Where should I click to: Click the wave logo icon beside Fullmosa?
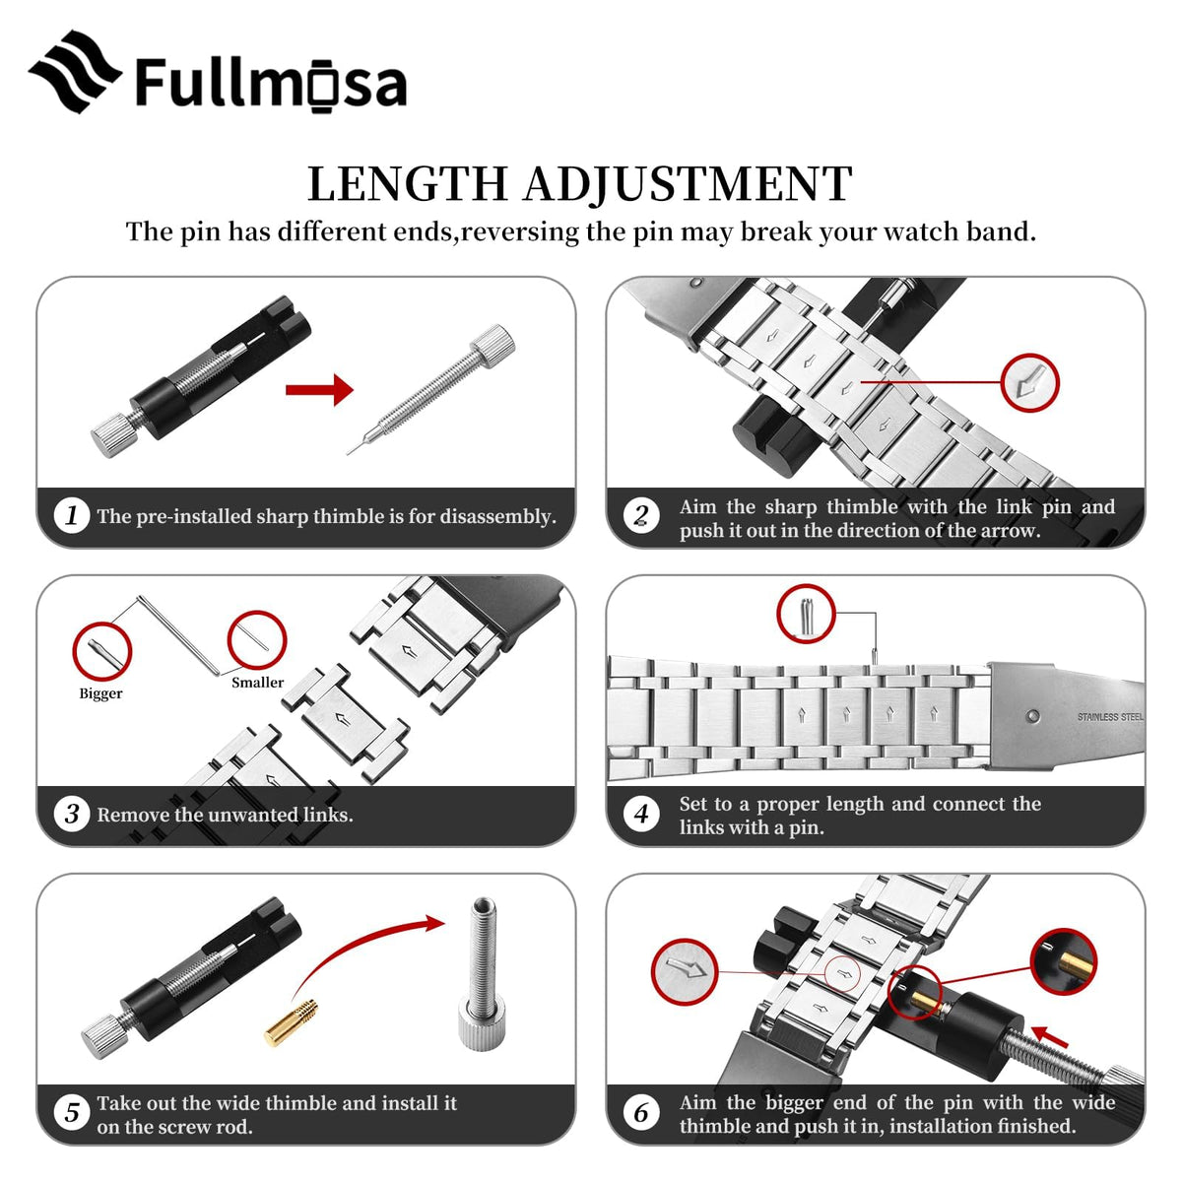coord(75,72)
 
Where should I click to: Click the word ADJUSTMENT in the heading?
coord(688,183)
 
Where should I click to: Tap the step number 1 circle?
coord(72,514)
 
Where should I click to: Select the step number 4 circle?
coord(641,814)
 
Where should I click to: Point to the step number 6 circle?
coord(641,1113)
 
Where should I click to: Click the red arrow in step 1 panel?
coord(319,389)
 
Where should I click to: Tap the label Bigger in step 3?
coord(100,693)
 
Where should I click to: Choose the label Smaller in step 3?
coord(258,682)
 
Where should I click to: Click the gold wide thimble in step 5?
coord(292,1021)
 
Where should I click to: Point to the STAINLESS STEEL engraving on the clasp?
coord(1110,716)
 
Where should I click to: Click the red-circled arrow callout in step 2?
coord(1030,383)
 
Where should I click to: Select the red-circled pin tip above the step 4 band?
coord(806,614)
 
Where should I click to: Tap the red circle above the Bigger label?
coord(102,651)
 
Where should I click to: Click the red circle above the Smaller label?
coord(257,640)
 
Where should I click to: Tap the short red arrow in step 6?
coord(1049,1036)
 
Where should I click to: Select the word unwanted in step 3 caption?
coord(252,815)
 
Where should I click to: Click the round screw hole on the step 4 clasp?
coord(1033,716)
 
